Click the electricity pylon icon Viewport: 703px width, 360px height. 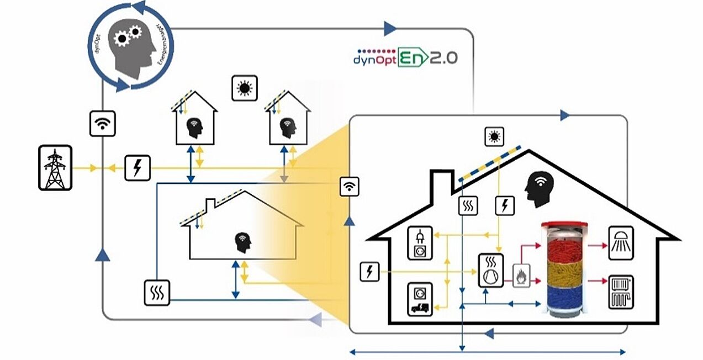[x=55, y=168]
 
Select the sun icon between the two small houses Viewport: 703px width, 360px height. [x=244, y=88]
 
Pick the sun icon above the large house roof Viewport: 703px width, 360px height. [x=494, y=136]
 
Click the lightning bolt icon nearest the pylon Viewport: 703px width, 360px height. [x=137, y=167]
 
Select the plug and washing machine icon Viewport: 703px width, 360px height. [x=420, y=243]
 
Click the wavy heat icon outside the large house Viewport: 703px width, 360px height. [x=157, y=292]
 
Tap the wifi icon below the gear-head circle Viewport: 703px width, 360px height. [x=103, y=123]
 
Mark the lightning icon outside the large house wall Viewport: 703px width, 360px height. [x=369, y=272]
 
